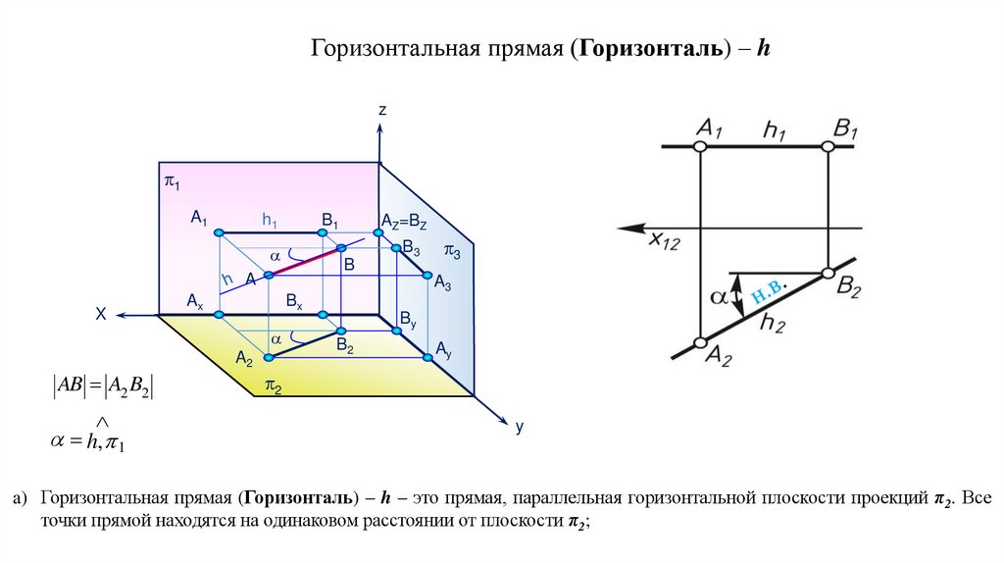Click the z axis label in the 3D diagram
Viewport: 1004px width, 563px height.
[x=382, y=111]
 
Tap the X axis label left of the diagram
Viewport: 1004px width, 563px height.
[x=100, y=315]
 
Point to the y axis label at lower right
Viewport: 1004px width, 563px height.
[x=520, y=427]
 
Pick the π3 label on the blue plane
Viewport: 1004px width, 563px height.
[x=452, y=251]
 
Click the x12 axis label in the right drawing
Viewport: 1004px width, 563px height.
[x=663, y=241]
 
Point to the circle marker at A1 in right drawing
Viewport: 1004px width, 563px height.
[x=699, y=146]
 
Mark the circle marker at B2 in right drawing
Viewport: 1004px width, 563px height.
[x=828, y=271]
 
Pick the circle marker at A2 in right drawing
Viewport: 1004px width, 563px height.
[x=699, y=343]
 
